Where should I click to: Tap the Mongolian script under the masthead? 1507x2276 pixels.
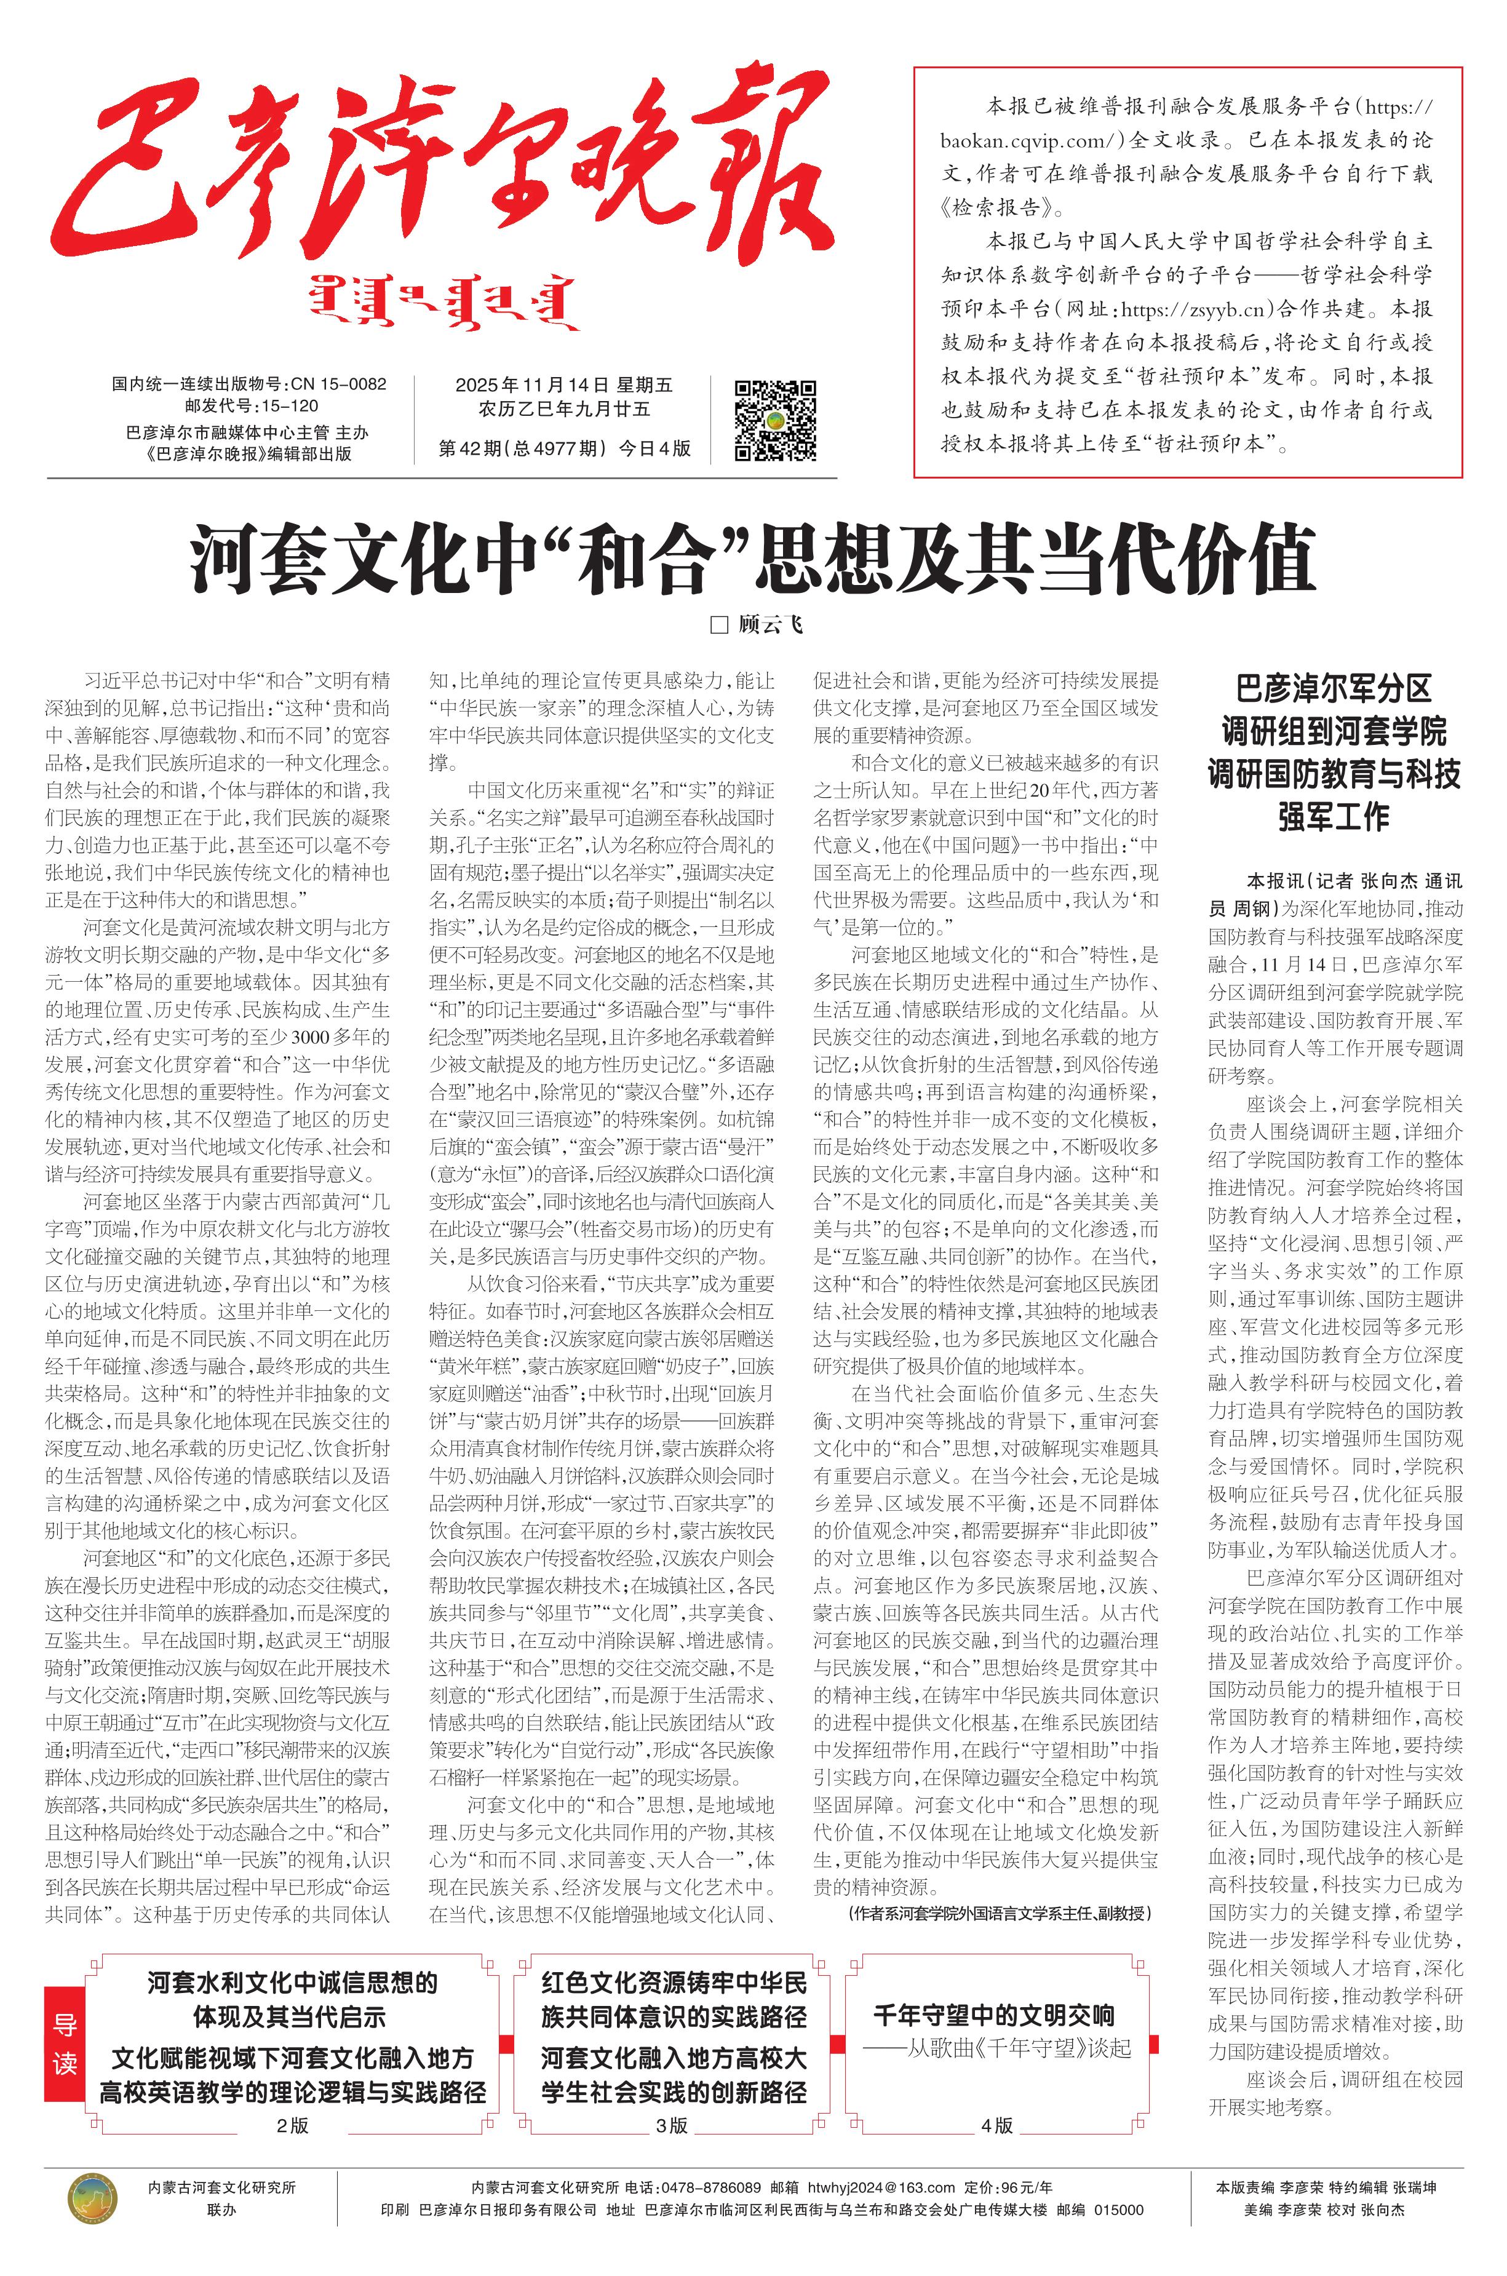click(x=445, y=304)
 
